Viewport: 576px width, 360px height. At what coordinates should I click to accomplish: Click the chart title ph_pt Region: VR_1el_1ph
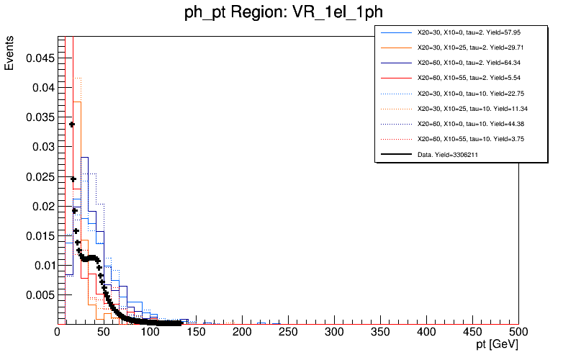point(288,15)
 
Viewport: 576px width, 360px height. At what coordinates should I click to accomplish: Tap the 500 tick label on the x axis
point(518,332)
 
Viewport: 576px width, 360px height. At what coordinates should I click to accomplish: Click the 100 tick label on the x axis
point(150,332)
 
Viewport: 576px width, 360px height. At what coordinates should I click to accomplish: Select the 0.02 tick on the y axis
point(42,206)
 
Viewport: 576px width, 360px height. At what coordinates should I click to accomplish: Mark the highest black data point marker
point(71,125)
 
